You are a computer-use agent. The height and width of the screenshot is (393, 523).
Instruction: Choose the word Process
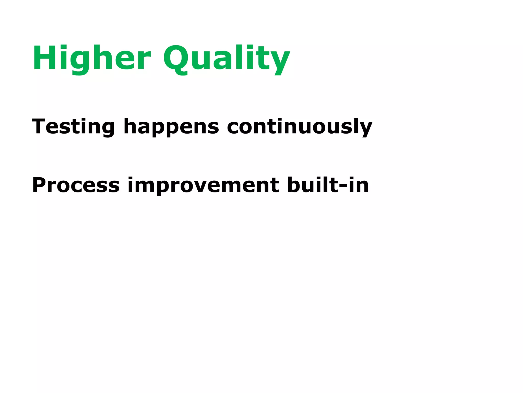point(76,185)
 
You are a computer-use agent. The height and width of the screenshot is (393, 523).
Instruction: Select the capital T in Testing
point(39,126)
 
